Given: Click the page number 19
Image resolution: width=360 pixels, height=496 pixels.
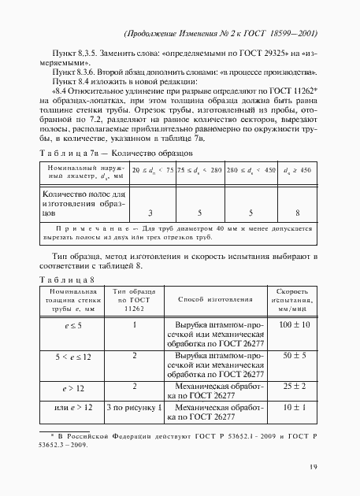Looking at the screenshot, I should pos(314,466).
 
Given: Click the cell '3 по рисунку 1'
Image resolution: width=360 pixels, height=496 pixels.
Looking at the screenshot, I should pos(135,409).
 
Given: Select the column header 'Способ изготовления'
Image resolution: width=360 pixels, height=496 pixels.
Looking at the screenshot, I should pos(215,299).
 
